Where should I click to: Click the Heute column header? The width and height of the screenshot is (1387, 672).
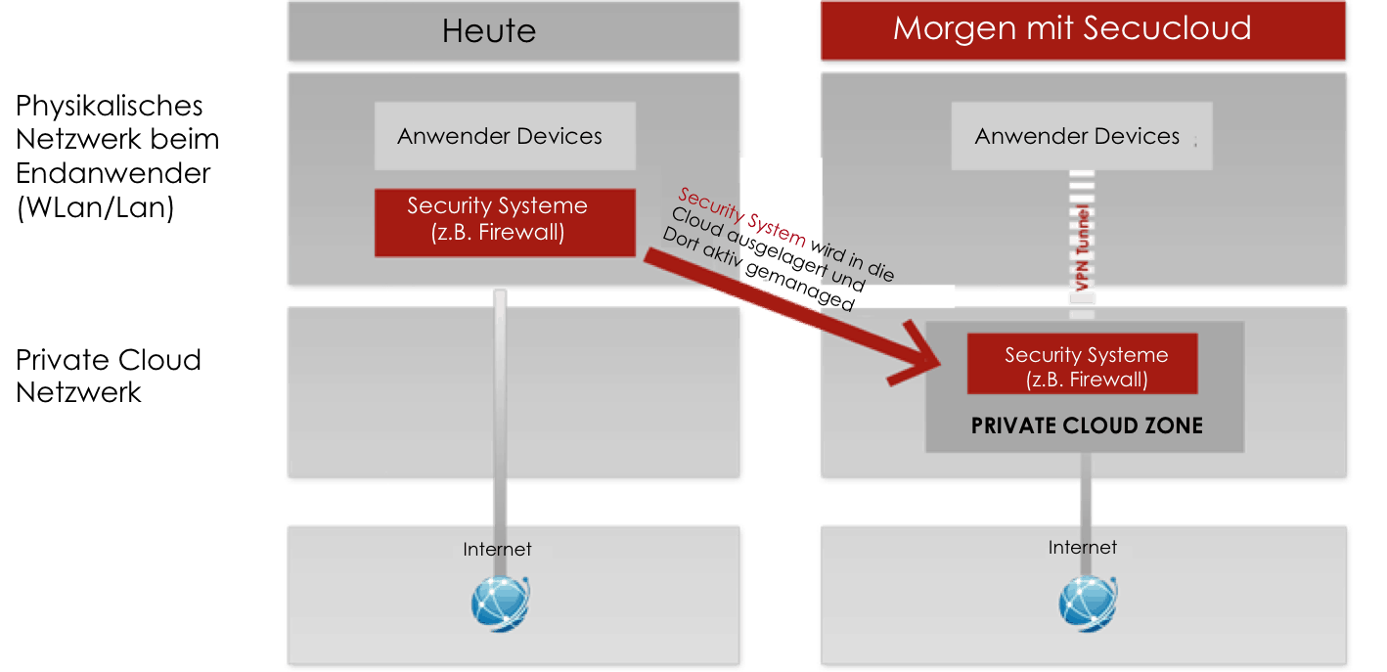(x=489, y=30)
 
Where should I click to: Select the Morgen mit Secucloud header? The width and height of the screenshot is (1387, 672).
(x=1072, y=28)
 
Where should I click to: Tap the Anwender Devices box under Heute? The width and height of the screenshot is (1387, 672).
(x=500, y=137)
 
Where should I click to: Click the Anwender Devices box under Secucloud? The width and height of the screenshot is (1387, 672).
(x=1077, y=137)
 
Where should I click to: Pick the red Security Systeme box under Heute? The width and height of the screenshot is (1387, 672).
(x=498, y=219)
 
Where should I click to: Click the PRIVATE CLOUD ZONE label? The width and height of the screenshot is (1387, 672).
(x=1087, y=426)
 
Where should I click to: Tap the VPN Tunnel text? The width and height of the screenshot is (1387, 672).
(x=1083, y=249)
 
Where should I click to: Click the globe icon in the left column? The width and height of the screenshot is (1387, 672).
(x=500, y=602)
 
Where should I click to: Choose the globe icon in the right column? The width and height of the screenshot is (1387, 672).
(x=1087, y=603)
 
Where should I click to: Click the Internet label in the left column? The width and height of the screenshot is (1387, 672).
(x=497, y=549)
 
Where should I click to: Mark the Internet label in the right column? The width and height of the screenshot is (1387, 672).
(x=1082, y=548)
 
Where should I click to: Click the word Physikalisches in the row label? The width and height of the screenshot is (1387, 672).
(x=110, y=106)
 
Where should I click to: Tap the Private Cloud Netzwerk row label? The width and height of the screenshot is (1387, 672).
(x=108, y=376)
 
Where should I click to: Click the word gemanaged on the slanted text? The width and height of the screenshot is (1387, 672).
(x=800, y=287)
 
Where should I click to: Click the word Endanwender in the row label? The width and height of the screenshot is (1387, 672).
(x=113, y=174)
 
